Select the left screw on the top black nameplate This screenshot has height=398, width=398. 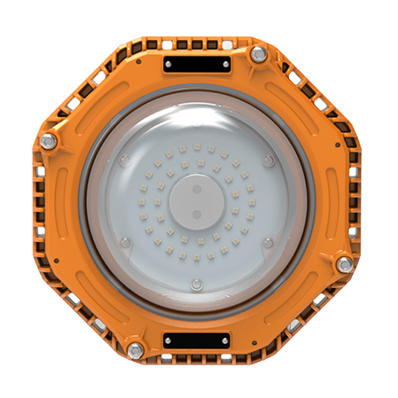(168, 64)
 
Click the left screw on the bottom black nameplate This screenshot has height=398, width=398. (168, 340)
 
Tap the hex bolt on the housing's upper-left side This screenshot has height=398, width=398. (48, 141)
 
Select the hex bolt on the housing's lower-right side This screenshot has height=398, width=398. (344, 264)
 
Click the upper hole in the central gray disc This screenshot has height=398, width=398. (196, 189)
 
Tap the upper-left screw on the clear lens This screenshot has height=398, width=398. (125, 159)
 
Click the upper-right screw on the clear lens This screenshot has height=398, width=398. (268, 159)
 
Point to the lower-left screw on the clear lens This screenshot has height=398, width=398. (125, 242)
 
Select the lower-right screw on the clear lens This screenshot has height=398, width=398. (268, 242)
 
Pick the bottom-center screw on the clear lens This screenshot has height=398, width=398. (196, 284)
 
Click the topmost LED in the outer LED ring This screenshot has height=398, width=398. (196, 147)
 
